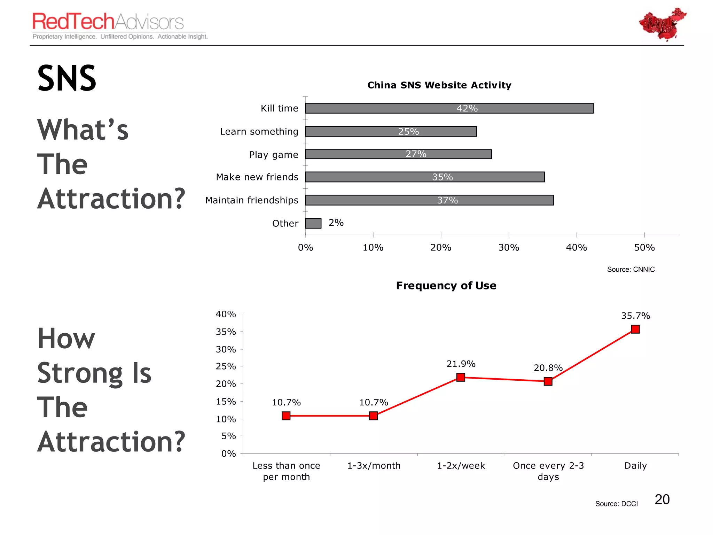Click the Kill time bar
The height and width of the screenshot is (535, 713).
pos(449,108)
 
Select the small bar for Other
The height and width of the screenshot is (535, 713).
pos(313,223)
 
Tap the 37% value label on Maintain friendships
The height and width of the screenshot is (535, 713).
pos(447,200)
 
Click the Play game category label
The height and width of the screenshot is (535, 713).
pos(274,155)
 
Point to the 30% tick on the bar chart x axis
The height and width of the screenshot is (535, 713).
pos(509,248)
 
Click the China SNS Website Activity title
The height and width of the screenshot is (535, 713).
pos(439,85)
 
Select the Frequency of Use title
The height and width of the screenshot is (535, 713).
pos(446,286)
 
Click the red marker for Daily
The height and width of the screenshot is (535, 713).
pos(635,329)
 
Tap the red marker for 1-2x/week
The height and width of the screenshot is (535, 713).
pos(461,377)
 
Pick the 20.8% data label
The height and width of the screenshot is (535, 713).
pos(548,368)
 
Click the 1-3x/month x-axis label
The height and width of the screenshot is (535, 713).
pos(374,466)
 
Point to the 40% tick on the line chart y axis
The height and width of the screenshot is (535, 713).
pos(226,314)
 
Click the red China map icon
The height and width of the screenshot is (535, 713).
pos(662,24)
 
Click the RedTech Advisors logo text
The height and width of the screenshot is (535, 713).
pos(108,22)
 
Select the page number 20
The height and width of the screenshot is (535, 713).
pos(662,499)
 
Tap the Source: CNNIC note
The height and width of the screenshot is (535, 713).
pos(630,269)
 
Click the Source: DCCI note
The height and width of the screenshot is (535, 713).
pos(616,504)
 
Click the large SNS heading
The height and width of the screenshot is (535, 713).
pos(66,78)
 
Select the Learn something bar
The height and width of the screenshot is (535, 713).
pos(391,131)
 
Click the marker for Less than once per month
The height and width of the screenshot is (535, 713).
pos(286,416)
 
